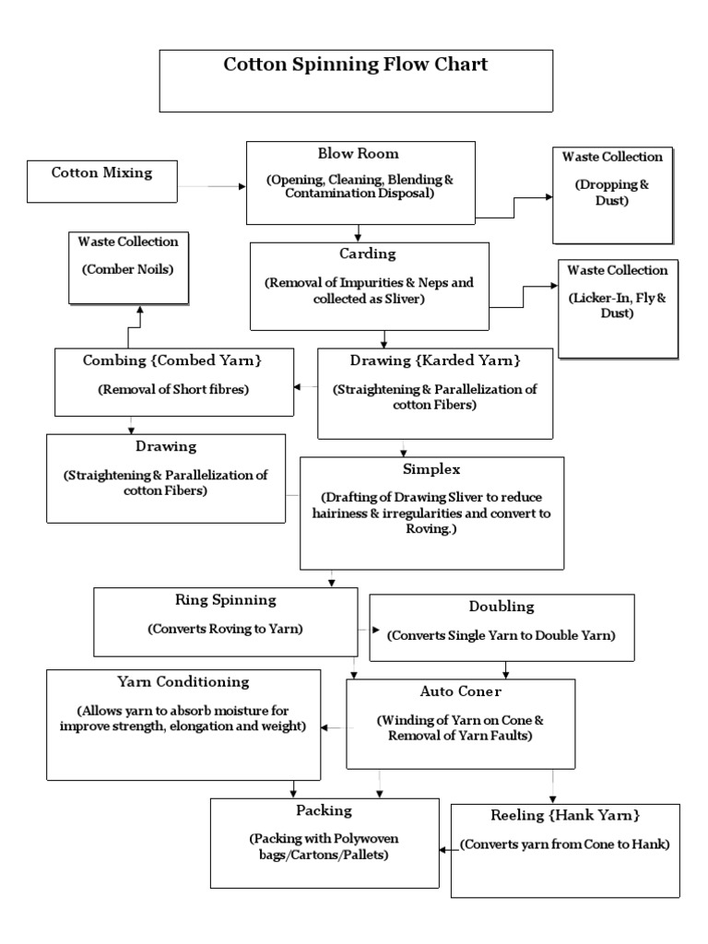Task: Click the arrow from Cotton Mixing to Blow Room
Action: pyautogui.click(x=211, y=186)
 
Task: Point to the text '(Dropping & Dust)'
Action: pyautogui.click(x=612, y=191)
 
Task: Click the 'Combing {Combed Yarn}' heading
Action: pyautogui.click(x=160, y=359)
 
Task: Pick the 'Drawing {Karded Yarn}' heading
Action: pyautogui.click(x=435, y=359)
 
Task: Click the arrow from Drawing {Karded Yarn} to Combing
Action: pyautogui.click(x=306, y=386)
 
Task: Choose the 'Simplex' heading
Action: pyautogui.click(x=431, y=469)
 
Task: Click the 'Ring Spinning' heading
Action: pyautogui.click(x=226, y=599)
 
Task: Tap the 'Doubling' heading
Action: pyautogui.click(x=501, y=607)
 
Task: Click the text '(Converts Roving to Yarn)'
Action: pyautogui.click(x=226, y=630)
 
